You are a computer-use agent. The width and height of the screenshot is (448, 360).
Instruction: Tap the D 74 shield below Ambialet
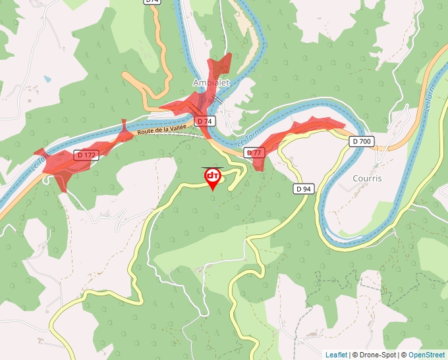(204, 121)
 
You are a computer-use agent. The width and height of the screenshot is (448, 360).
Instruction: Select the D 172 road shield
(86, 155)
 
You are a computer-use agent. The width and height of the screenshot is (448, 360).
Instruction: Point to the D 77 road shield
(254, 153)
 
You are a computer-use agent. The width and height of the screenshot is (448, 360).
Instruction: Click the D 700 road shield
(362, 141)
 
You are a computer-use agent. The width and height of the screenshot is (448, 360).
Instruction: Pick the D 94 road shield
(303, 189)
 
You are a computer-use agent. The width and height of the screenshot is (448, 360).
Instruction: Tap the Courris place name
(367, 178)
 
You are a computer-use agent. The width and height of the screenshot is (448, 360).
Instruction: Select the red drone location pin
(213, 178)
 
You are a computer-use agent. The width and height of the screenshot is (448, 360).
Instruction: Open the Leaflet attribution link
(336, 355)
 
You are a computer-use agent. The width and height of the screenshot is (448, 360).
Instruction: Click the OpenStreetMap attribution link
(428, 355)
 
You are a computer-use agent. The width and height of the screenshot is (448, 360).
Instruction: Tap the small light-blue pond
(47, 79)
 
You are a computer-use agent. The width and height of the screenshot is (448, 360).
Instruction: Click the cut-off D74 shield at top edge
(152, 2)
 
